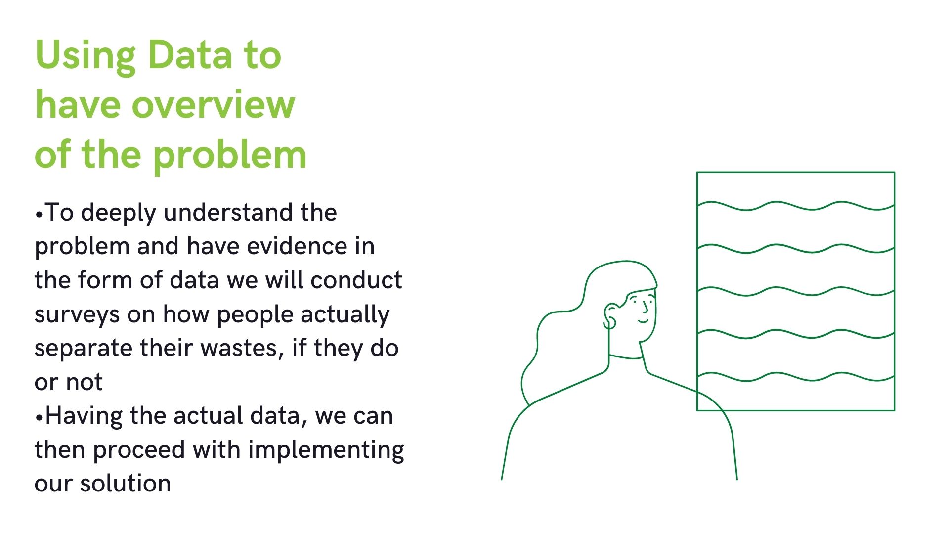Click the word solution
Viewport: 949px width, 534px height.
(x=126, y=484)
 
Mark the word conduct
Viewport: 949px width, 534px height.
(x=356, y=280)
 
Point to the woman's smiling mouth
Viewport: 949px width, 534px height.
(x=644, y=321)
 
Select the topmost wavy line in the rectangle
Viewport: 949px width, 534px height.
(x=796, y=206)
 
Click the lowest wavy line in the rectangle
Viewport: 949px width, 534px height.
(x=796, y=377)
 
